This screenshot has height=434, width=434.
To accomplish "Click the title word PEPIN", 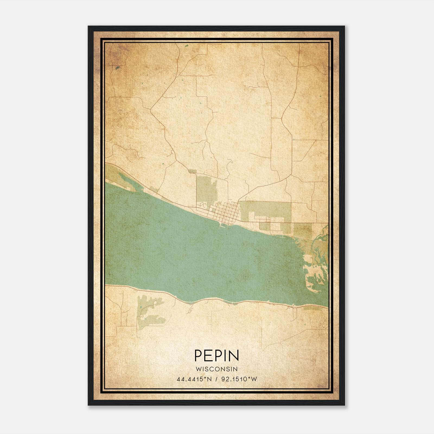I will (x=216, y=355).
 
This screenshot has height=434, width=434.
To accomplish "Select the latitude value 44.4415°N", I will (x=194, y=379).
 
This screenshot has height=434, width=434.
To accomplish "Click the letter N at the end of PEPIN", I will (x=234, y=355).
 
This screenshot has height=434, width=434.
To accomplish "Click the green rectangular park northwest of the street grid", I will (x=206, y=187).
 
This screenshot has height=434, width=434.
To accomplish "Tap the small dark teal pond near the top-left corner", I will (x=117, y=68).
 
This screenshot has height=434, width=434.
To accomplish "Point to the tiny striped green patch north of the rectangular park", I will (x=192, y=171).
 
